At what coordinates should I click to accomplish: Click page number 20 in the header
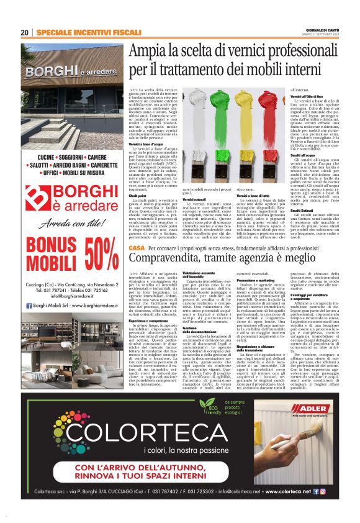[x=25, y=32]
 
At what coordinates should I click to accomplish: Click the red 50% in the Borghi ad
[x=101, y=252]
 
